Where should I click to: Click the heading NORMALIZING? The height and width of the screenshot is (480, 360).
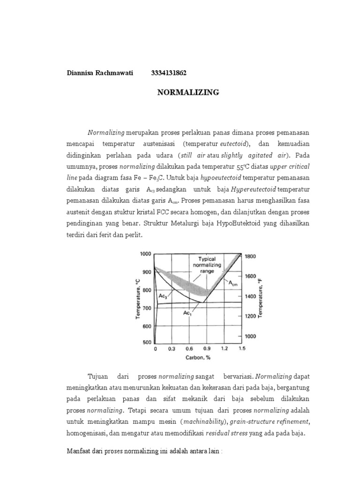[x=187, y=92]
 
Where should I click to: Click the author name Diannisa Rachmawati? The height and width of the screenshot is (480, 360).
[x=99, y=73]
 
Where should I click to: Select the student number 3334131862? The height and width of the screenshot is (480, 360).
[x=169, y=73]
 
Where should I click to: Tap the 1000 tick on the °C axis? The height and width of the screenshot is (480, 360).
[x=146, y=254]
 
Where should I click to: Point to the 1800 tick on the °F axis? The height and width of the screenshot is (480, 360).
[x=251, y=256]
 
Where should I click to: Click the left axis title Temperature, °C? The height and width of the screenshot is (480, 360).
[x=138, y=298]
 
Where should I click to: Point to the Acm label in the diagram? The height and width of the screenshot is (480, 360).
[x=233, y=283]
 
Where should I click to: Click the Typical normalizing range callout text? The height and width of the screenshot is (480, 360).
[x=206, y=264]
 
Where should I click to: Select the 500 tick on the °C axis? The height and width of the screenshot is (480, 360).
[x=147, y=342]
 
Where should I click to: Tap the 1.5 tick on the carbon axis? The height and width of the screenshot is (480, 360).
[x=241, y=349]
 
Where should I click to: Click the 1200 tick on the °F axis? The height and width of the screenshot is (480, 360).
[x=251, y=316]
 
